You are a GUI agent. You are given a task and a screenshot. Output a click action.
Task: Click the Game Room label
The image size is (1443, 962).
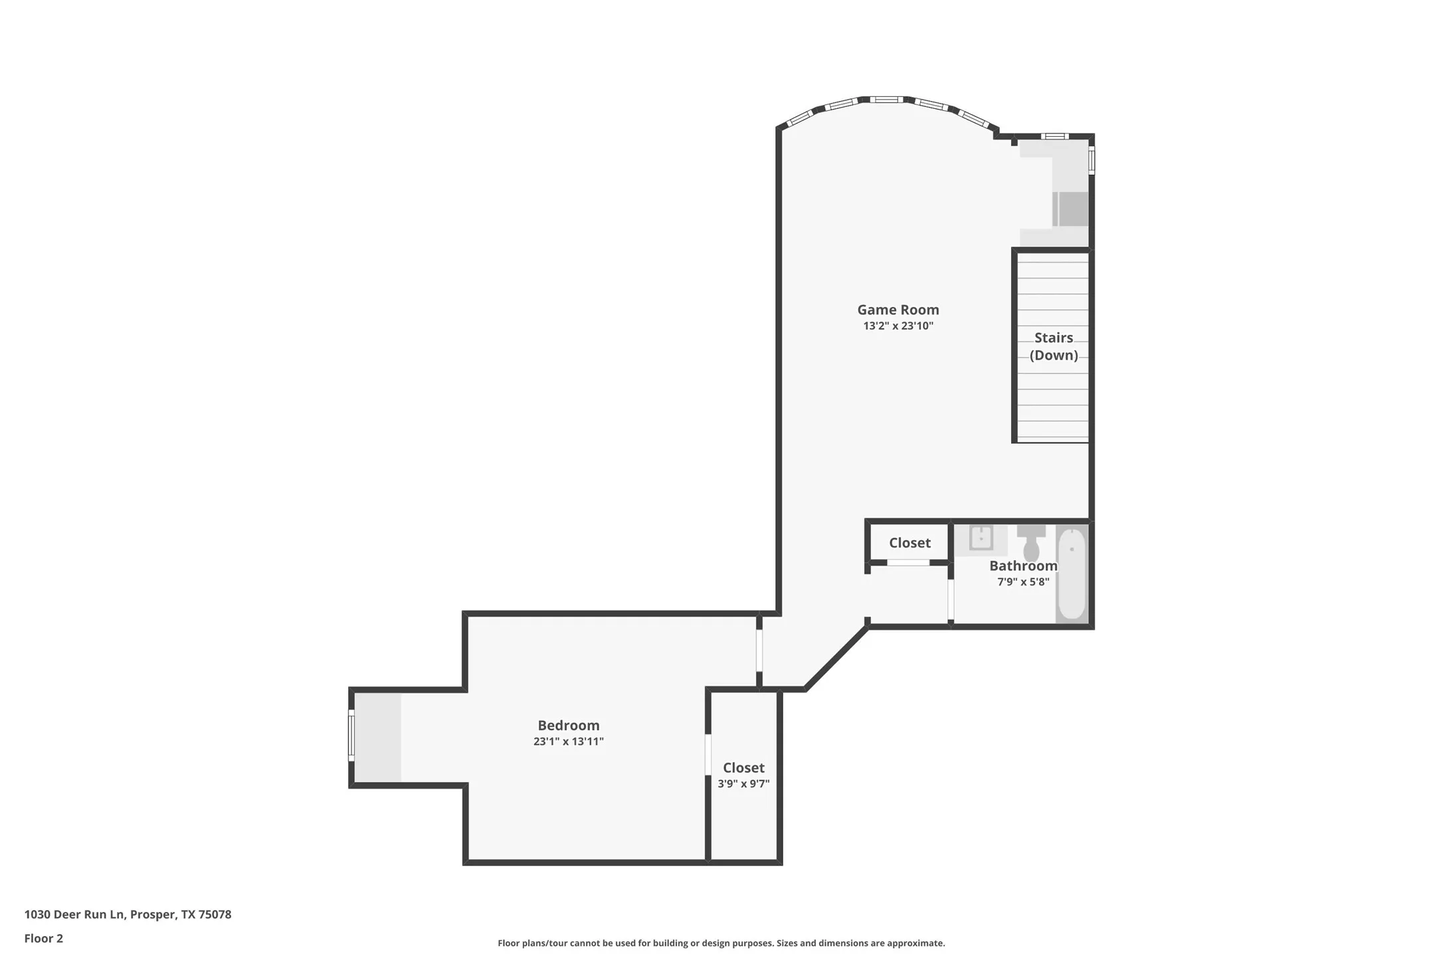coord(898,310)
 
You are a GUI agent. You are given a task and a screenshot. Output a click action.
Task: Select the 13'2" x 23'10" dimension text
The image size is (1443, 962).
coord(898,326)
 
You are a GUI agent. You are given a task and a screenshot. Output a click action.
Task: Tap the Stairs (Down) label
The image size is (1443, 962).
coord(1053,346)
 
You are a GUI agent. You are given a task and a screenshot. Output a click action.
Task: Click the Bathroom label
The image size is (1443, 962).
coord(1022,566)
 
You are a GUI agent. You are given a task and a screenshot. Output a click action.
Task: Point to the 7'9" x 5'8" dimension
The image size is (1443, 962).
coord(1022,582)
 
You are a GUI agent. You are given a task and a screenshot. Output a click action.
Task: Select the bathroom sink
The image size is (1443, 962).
coord(981,538)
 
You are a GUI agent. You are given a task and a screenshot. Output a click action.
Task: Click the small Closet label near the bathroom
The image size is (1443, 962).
coord(910,543)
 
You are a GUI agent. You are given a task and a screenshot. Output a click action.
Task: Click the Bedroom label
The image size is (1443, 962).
coord(568,725)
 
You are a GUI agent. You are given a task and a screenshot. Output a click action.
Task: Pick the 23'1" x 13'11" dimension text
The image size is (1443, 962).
coord(568,741)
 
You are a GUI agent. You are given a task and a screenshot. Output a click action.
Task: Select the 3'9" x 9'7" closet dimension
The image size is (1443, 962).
coord(743,784)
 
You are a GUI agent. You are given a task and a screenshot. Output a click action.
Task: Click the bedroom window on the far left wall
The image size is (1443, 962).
coord(351,735)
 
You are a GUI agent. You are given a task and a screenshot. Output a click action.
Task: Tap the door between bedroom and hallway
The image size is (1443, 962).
coord(759,650)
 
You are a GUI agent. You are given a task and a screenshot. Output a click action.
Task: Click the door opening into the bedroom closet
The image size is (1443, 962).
coord(708,754)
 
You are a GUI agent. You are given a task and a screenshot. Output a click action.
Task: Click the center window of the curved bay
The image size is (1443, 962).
coord(886,100)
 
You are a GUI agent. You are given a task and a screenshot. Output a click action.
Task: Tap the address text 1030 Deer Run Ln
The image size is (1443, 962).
coord(128,914)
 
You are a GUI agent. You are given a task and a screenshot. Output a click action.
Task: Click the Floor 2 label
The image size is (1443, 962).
coord(44,939)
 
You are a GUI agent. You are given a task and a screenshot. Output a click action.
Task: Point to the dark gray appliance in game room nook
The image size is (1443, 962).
coord(1072,209)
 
